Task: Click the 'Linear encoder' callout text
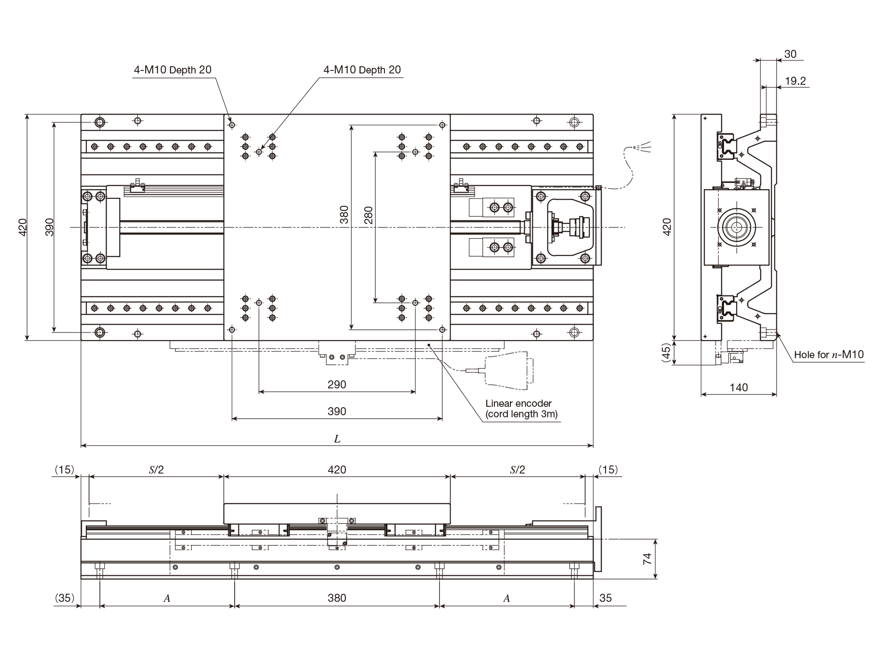(x=518, y=403)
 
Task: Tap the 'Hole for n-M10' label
(x=829, y=354)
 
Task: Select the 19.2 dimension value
(x=795, y=81)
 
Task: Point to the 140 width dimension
(x=738, y=388)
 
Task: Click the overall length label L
(x=337, y=439)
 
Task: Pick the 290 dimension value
(x=337, y=385)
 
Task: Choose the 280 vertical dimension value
(x=368, y=215)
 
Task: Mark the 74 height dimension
(x=647, y=559)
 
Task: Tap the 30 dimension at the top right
(x=790, y=54)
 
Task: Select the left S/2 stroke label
(x=156, y=470)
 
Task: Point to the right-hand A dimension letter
(x=507, y=599)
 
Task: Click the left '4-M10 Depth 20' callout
(x=173, y=70)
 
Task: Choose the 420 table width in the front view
(x=337, y=470)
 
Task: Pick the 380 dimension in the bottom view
(x=337, y=598)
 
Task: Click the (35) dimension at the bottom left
(x=65, y=598)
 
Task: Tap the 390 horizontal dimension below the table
(x=337, y=411)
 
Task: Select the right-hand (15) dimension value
(x=608, y=470)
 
